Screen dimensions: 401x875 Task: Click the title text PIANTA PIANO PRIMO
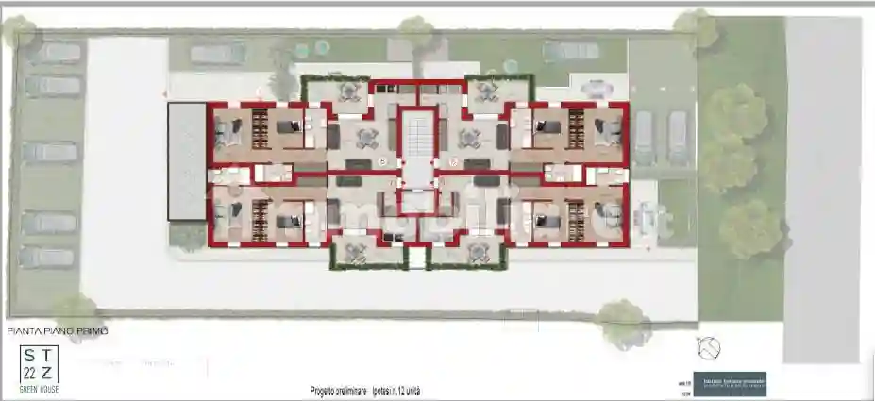coord(58,331)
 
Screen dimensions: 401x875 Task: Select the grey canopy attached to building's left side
coord(186,161)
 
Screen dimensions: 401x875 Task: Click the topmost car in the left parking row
coord(53,53)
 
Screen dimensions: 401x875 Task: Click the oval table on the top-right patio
coord(597,90)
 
